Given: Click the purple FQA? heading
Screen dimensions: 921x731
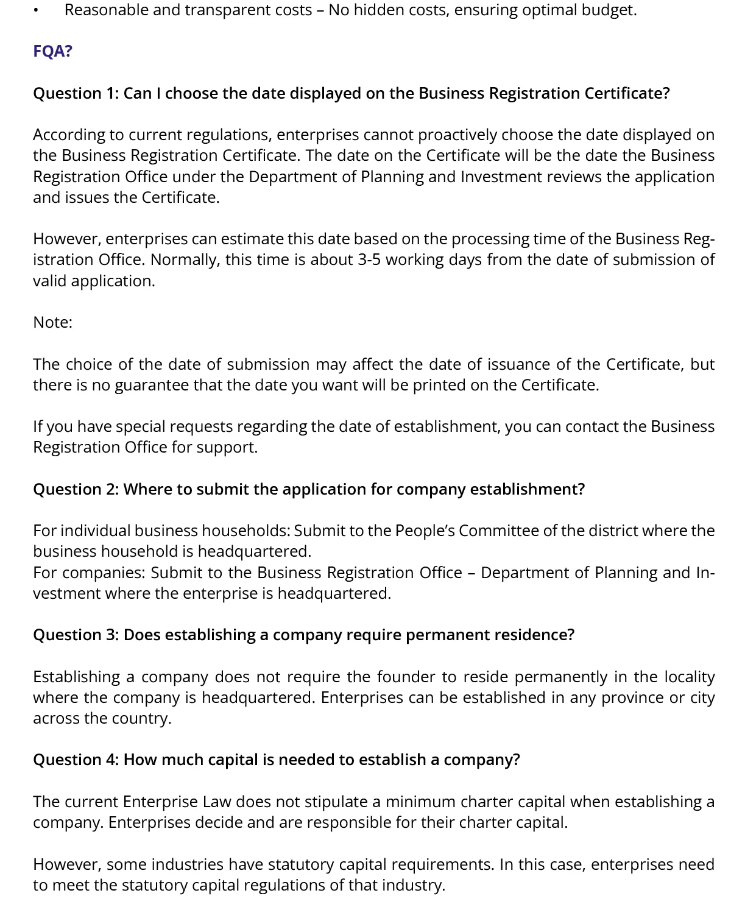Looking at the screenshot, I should [x=53, y=51].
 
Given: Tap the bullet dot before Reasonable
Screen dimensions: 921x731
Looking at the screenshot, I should [x=38, y=11].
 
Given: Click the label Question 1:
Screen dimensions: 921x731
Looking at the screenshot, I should [x=76, y=93].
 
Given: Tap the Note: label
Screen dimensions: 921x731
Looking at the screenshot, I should [x=53, y=322].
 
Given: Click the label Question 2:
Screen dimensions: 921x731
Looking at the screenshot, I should [x=76, y=489].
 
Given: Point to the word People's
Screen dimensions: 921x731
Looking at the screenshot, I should [x=425, y=531].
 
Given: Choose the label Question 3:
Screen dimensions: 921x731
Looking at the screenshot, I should [x=76, y=635].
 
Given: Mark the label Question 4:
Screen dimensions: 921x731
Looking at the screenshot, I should [x=76, y=760].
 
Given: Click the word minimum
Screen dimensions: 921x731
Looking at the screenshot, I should [x=420, y=802].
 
